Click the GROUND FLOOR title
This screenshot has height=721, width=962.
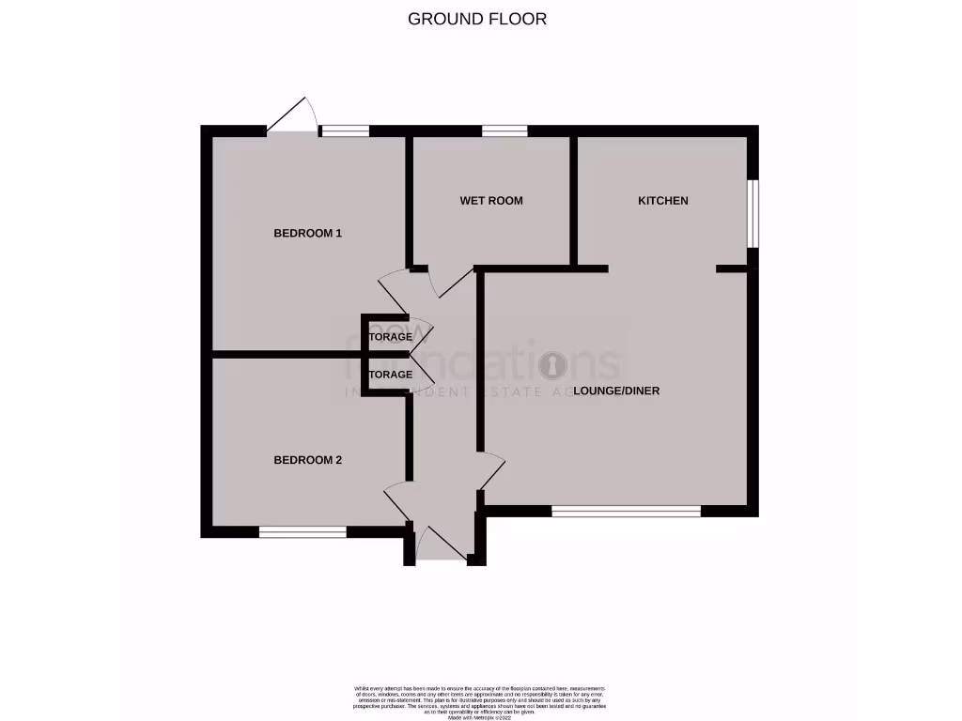click(x=476, y=19)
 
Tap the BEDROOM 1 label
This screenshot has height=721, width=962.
click(x=307, y=233)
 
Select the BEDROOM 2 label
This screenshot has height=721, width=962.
click(x=307, y=460)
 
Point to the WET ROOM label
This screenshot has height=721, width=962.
click(x=491, y=201)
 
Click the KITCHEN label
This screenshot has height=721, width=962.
click(x=663, y=201)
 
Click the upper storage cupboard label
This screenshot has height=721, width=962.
click(x=390, y=336)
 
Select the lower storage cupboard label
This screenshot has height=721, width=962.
click(x=390, y=375)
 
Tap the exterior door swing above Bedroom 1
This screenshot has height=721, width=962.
click(x=292, y=117)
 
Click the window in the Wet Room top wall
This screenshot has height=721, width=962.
click(x=504, y=131)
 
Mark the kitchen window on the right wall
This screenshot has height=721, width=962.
click(x=753, y=214)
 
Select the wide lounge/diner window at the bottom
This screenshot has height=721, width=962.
click(x=626, y=511)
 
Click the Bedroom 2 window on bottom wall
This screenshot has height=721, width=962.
click(x=303, y=531)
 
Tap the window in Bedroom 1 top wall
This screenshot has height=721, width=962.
click(x=343, y=131)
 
